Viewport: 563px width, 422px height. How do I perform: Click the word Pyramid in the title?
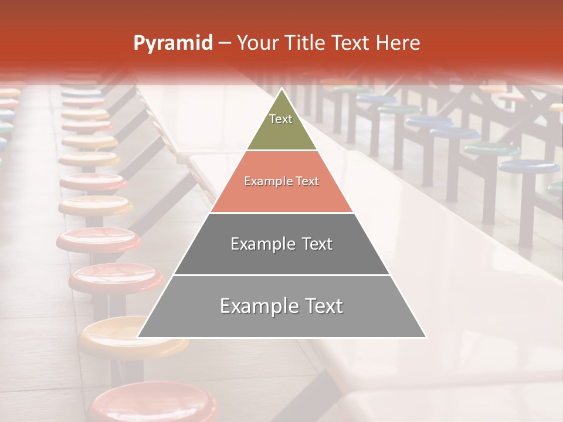172,43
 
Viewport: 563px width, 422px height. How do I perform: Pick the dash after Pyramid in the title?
224,43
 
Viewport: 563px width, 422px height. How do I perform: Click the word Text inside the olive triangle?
281,119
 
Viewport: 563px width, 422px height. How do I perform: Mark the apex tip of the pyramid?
281,89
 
